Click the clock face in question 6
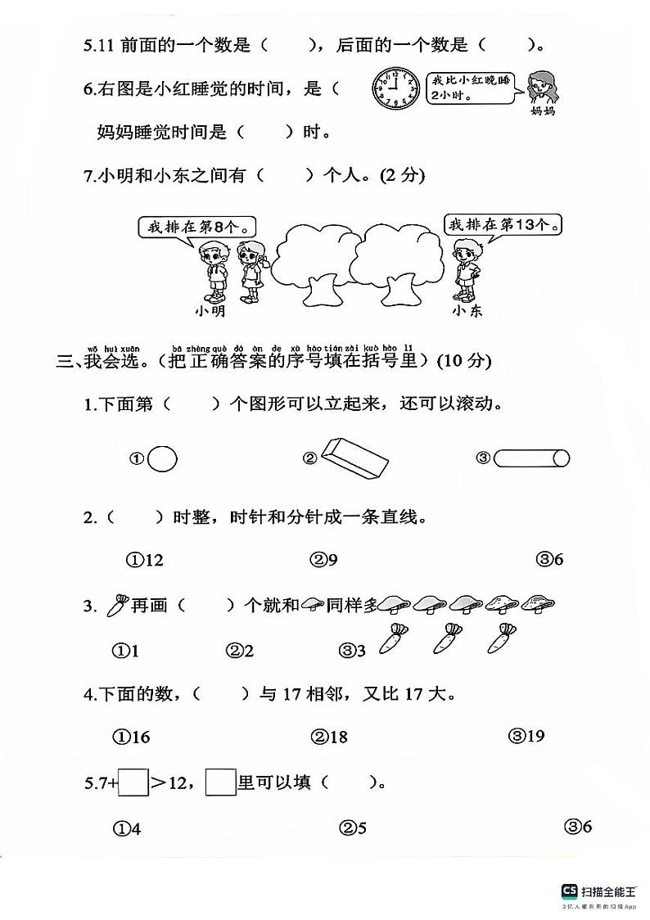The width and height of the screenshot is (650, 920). point(395,88)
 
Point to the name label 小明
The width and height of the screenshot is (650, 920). point(210,311)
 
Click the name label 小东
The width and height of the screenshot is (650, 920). point(467,311)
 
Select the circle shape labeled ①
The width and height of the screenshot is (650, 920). point(162,458)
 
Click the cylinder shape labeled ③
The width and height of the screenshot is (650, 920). point(532,458)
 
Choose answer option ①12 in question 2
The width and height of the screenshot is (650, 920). point(145,560)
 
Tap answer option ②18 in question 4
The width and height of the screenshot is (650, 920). point(329,737)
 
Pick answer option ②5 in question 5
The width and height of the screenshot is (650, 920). point(353,828)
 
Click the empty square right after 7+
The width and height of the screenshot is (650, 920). point(134,783)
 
